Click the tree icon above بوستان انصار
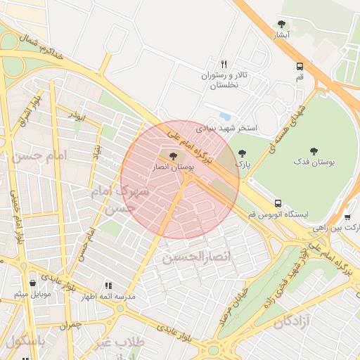[x=173, y=155]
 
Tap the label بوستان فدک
[x=314, y=162]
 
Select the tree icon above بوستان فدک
[x=314, y=150]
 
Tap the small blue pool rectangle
[x=225, y=115]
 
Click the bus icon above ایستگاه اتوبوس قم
[x=278, y=202]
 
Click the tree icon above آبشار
[x=282, y=24]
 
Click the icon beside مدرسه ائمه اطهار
[x=108, y=285]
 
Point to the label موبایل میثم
[x=32, y=293]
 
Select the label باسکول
[x=25, y=341]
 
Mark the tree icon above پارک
[x=242, y=153]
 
